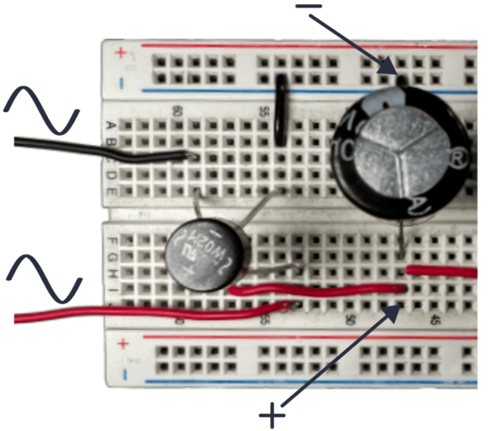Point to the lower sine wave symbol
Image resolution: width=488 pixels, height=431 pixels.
[x=43, y=278]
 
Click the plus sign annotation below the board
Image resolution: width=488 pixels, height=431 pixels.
[x=272, y=414]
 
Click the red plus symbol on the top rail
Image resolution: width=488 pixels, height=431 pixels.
[x=121, y=53]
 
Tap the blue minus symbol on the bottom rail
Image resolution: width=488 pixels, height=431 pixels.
[x=123, y=375]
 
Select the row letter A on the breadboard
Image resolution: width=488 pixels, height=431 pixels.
[x=110, y=125]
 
